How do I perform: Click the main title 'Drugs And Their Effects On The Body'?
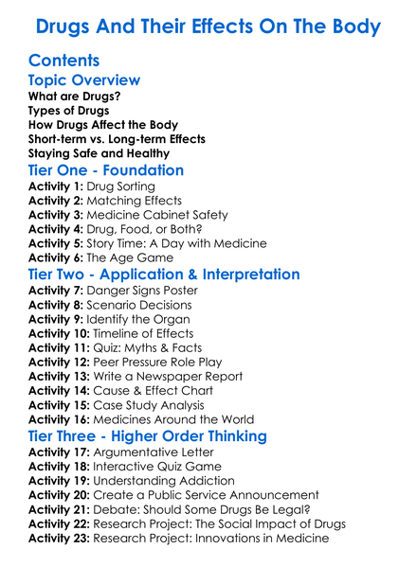208,24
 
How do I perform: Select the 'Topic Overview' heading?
84,80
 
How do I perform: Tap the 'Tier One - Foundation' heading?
106,170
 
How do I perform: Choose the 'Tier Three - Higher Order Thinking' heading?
147,436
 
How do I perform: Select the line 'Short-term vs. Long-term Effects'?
117,139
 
